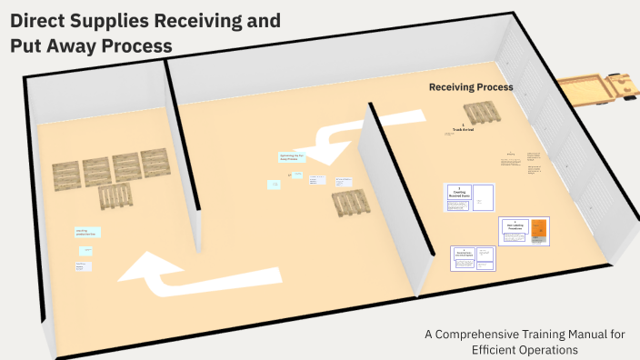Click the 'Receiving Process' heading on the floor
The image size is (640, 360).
pos(471,87)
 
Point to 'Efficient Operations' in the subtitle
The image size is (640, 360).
pos(525,349)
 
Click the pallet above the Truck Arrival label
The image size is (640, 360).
pos(481,113)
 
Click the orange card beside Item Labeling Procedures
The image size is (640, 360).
pos(539,230)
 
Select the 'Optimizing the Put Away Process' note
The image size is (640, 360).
pos(290,158)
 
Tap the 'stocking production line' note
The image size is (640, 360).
pos(87,233)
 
